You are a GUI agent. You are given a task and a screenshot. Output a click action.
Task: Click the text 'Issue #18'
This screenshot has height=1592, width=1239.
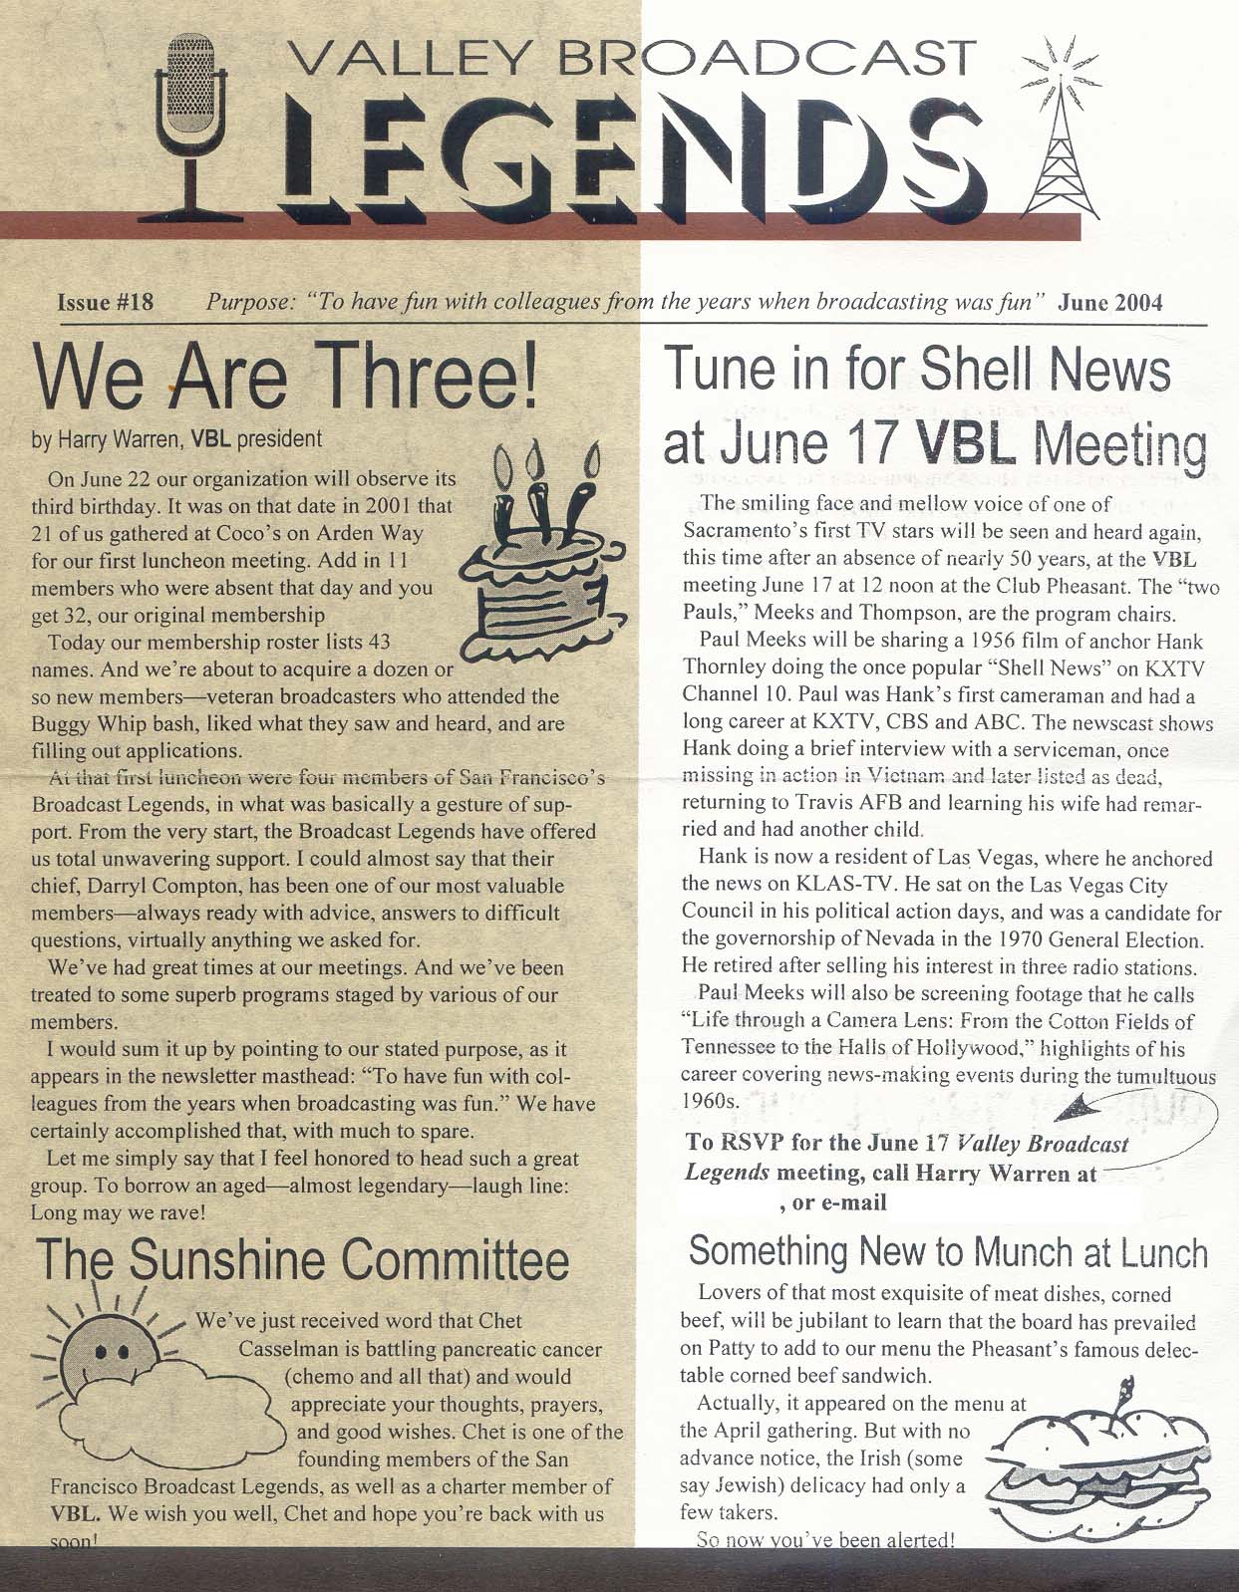[107, 302]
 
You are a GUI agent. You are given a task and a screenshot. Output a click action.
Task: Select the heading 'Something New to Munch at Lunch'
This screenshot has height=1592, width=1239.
[947, 1251]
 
